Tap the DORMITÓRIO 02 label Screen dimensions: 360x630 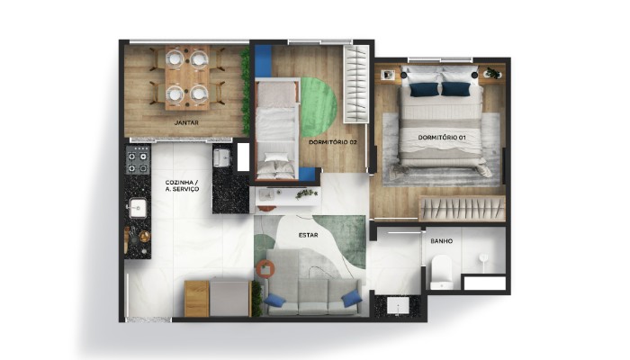332,142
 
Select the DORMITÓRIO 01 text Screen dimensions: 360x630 442,137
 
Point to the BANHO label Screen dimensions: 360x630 441,241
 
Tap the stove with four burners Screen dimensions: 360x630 138,163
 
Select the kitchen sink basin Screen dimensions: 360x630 138,208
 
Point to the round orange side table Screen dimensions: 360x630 265,268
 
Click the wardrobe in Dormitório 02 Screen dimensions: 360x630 357,85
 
